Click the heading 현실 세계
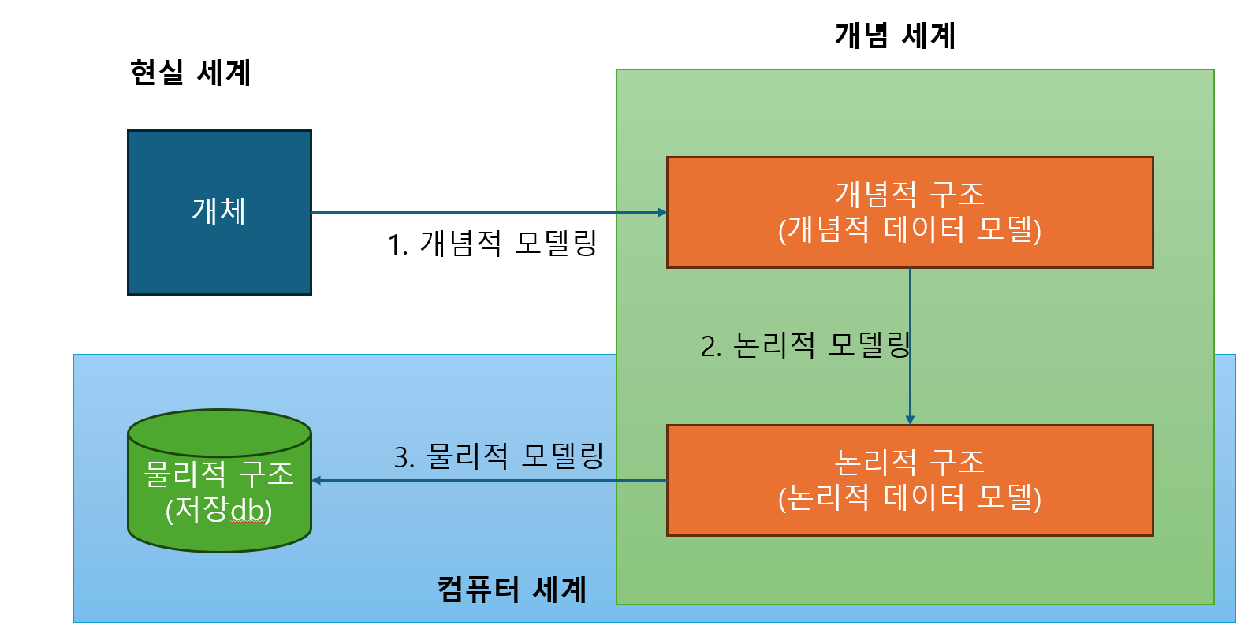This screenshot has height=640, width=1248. [x=190, y=73]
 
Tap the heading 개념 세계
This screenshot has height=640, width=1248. [x=895, y=35]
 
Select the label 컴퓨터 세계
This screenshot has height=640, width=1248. [x=512, y=590]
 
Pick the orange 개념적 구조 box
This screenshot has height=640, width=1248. [x=909, y=212]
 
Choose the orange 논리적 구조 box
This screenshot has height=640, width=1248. [x=909, y=480]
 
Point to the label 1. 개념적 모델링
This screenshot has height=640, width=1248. [x=492, y=244]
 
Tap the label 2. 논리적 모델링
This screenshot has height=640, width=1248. [x=805, y=345]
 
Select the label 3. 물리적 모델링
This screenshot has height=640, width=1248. [x=498, y=456]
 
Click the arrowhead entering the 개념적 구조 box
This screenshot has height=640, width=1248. [x=662, y=212]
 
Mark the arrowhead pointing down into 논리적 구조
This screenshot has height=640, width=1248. [x=910, y=420]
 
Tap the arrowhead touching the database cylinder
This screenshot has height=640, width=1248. [x=316, y=480]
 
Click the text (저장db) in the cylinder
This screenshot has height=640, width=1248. [x=219, y=510]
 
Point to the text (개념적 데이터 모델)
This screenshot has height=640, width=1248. [x=909, y=230]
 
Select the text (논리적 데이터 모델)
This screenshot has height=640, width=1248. [x=909, y=498]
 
